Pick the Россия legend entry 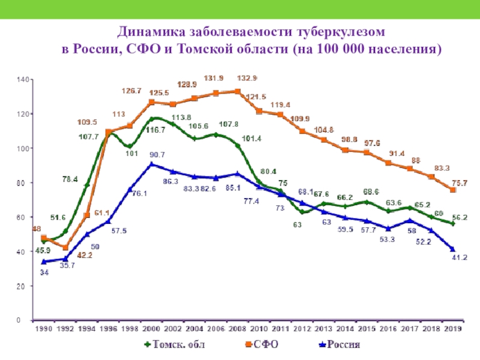click(x=338, y=344)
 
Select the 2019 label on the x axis click(x=452, y=329)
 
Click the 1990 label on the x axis click(x=43, y=329)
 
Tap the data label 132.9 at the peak click(x=247, y=78)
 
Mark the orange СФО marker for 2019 click(x=453, y=190)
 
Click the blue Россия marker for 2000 click(x=152, y=164)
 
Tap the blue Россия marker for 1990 click(x=44, y=262)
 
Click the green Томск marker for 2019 click(x=453, y=223)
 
